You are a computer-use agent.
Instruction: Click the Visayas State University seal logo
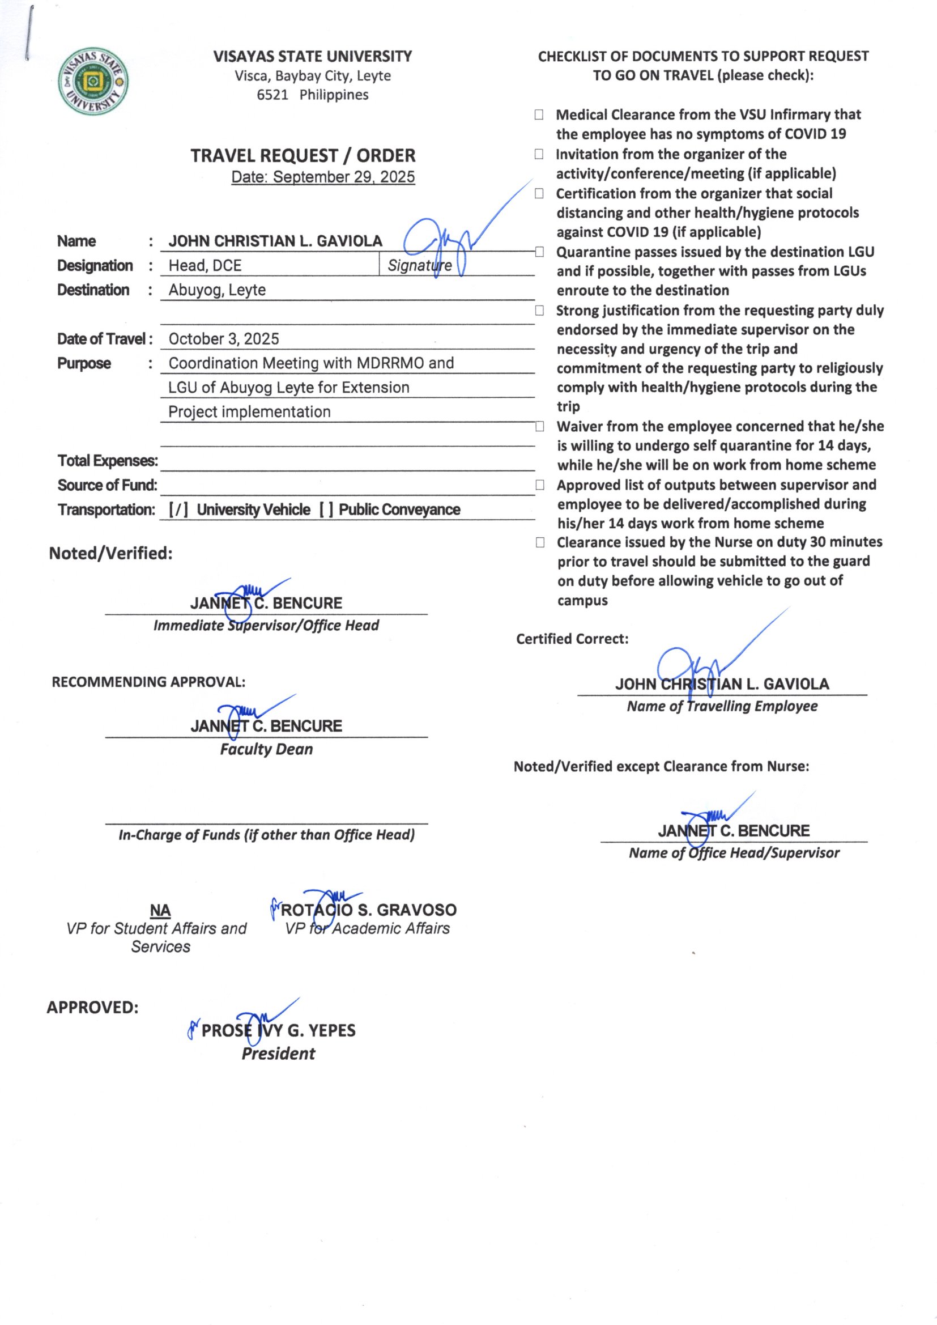click(93, 82)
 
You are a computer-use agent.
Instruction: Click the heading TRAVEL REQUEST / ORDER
click(303, 156)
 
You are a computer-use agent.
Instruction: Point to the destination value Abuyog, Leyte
click(217, 290)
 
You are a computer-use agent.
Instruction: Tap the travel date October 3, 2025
click(224, 339)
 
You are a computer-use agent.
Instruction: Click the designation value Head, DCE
click(205, 265)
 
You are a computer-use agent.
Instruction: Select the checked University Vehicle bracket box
click(178, 509)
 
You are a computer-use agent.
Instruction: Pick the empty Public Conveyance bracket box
click(326, 509)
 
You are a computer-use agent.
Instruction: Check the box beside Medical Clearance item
click(539, 115)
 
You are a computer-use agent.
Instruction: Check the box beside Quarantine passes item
click(539, 252)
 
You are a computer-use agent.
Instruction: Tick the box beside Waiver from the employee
click(539, 427)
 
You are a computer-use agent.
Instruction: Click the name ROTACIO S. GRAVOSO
click(369, 910)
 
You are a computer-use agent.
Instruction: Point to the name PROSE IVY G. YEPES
click(278, 1030)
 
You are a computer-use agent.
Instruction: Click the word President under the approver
click(278, 1053)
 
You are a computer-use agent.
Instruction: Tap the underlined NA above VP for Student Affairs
click(160, 911)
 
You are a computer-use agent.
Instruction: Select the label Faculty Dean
click(267, 749)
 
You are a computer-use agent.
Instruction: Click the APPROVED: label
click(92, 1008)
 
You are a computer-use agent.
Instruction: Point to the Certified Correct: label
click(572, 639)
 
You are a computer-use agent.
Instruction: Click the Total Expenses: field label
click(107, 461)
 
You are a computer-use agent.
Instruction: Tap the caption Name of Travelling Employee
click(722, 706)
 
